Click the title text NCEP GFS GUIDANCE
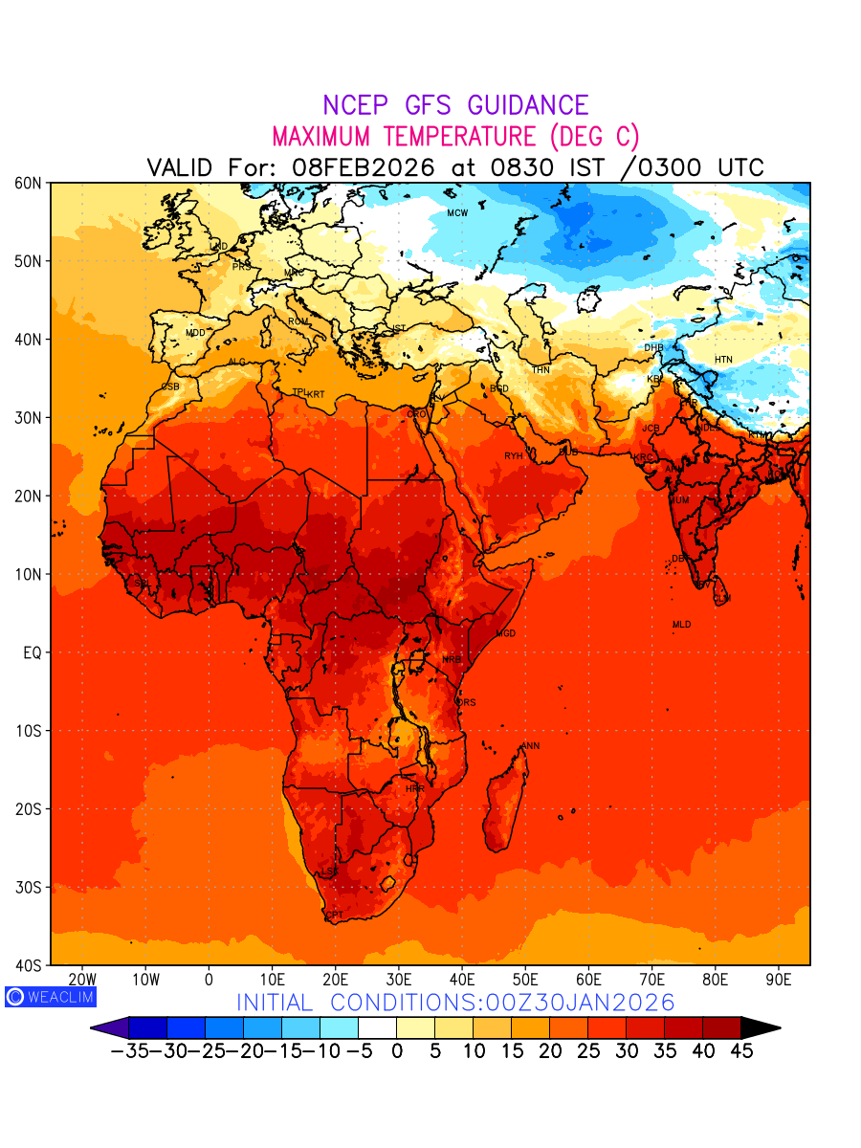pos(455,105)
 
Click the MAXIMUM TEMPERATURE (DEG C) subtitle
pos(455,136)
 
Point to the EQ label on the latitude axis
pos(33,652)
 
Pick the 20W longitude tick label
pos(82,980)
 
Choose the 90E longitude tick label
pos(779,980)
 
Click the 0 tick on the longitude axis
pos(209,980)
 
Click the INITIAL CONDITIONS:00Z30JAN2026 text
pos(455,1003)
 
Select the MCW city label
pos(457,213)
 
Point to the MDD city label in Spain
pos(195,333)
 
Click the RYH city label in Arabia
pos(514,456)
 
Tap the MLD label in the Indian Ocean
pos(681,625)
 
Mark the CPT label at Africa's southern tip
pos(335,916)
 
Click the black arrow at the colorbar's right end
pos(760,1027)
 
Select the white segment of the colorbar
pos(377,1027)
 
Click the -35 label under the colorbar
pos(128,1051)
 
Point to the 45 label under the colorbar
pos(741,1051)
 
